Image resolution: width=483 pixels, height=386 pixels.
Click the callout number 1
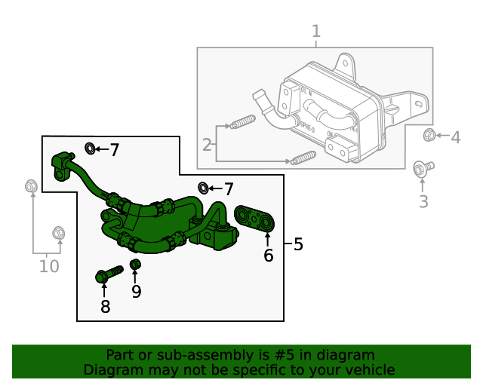(316, 32)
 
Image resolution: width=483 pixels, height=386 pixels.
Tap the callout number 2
(207, 144)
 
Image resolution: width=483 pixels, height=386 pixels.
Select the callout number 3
(423, 201)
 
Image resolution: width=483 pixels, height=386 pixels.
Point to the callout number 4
(455, 137)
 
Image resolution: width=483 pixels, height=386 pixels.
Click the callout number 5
(298, 244)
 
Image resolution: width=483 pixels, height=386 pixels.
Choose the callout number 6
(268, 256)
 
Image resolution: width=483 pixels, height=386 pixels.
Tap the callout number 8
(105, 306)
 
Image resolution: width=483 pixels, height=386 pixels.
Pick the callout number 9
(136, 291)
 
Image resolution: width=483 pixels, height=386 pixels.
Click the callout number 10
(49, 265)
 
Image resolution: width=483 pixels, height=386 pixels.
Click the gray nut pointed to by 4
(429, 136)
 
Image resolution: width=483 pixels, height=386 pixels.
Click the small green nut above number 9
(136, 265)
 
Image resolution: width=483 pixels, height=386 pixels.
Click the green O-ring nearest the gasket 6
(203, 187)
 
